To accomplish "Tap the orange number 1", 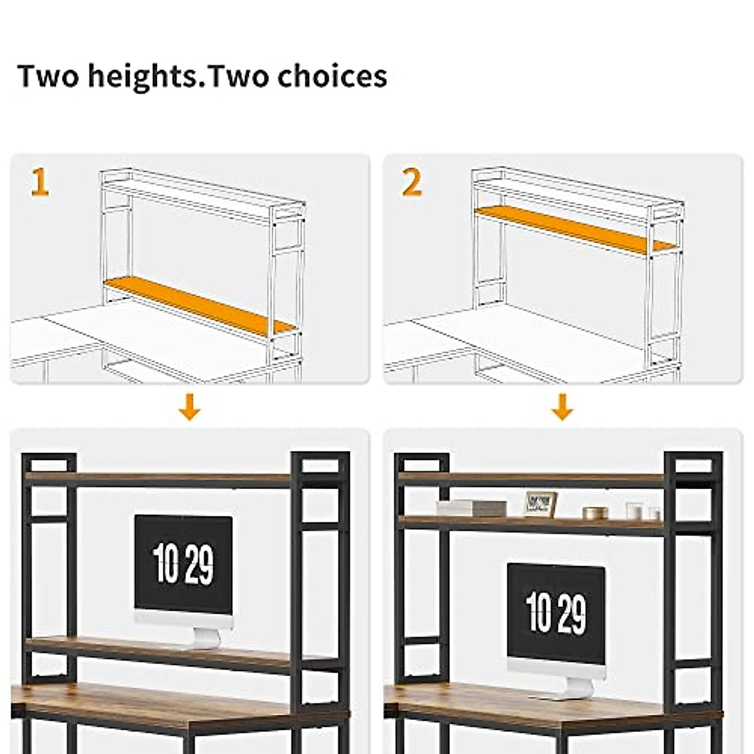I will tap(39, 183).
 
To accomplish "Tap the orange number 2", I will tap(412, 183).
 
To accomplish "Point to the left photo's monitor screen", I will tap(183, 562).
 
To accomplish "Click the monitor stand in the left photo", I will tap(205, 636).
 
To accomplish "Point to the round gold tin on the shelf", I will tap(593, 513).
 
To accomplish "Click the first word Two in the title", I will tap(48, 76).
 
